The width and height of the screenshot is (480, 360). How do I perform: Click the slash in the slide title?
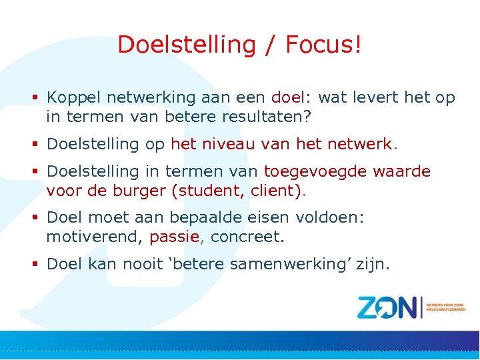point(270,45)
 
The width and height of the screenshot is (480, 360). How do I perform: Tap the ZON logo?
point(390,307)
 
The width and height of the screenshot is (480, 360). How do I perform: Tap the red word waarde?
point(402,171)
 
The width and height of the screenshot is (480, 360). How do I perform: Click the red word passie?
point(175,237)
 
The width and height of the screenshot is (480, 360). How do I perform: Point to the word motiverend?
point(94,237)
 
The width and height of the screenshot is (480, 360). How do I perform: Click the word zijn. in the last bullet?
point(373,264)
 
